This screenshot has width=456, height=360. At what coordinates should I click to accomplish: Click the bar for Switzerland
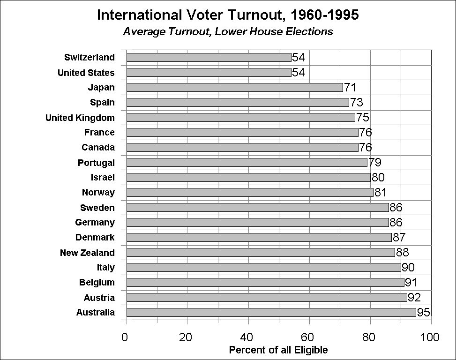pyautogui.click(x=209, y=57)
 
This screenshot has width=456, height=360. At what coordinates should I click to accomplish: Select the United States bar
pyautogui.click(x=209, y=72)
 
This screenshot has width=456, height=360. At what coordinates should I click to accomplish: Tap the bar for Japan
pyautogui.click(x=234, y=87)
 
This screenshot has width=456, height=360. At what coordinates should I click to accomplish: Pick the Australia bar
pyautogui.click(x=271, y=312)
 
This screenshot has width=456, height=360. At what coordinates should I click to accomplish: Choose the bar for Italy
pyautogui.click(x=263, y=267)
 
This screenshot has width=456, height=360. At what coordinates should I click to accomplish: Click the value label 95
pyautogui.click(x=423, y=313)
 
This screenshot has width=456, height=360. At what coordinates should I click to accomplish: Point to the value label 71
pyautogui.click(x=350, y=88)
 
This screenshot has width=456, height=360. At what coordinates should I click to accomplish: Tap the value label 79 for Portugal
pyautogui.click(x=374, y=163)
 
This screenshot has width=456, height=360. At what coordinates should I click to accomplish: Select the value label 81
pyautogui.click(x=380, y=193)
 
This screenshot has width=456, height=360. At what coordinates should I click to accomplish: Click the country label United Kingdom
pyautogui.click(x=80, y=118)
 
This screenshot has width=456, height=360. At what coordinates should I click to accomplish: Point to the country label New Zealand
pyautogui.click(x=87, y=253)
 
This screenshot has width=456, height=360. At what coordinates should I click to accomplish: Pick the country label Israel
pyautogui.click(x=103, y=178)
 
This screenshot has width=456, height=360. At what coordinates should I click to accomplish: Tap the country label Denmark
pyautogui.click(x=95, y=238)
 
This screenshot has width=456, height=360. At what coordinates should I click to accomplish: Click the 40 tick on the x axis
pyautogui.click(x=248, y=337)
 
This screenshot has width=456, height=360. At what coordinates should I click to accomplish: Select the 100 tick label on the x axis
pyautogui.click(x=430, y=337)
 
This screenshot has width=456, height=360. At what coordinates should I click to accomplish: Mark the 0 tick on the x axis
pyautogui.click(x=125, y=337)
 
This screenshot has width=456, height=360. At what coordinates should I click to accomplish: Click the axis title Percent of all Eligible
pyautogui.click(x=278, y=350)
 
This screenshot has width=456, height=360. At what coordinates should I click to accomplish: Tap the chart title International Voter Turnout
pyautogui.click(x=228, y=15)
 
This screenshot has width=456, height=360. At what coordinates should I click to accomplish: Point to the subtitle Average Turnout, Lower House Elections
pyautogui.click(x=228, y=32)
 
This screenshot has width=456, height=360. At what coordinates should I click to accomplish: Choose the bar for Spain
pyautogui.click(x=238, y=102)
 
